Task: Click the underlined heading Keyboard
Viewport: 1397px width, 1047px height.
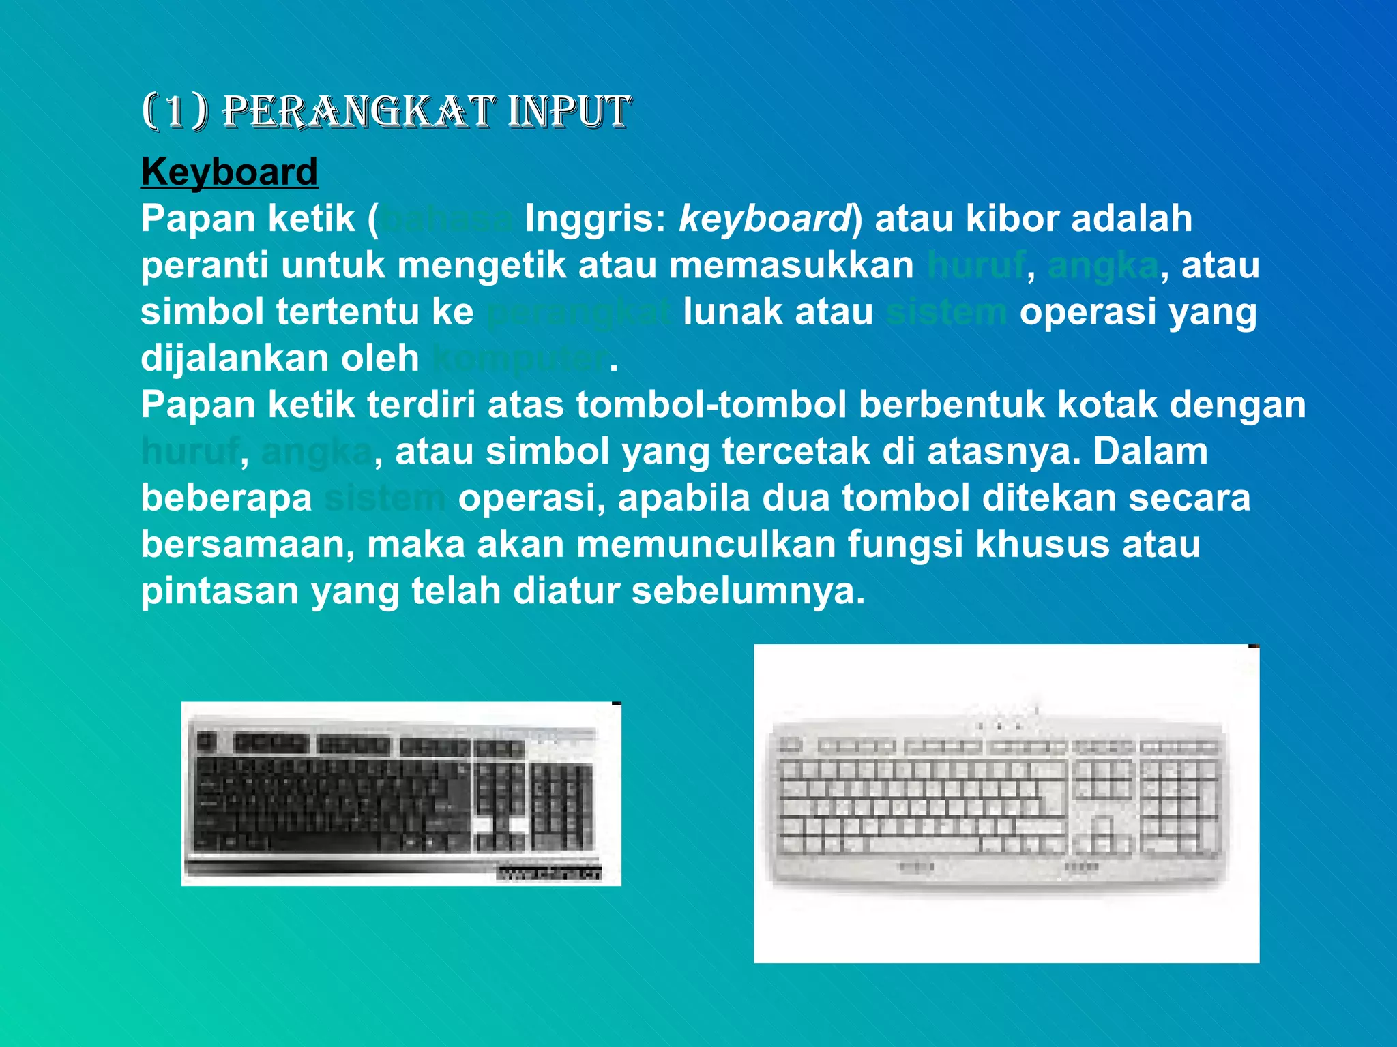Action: click(229, 172)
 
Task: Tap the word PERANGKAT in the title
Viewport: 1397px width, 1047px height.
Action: click(359, 112)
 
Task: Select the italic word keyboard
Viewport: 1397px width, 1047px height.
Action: click(765, 219)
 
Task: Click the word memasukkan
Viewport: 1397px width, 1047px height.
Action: click(791, 265)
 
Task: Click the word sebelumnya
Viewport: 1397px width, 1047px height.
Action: click(748, 591)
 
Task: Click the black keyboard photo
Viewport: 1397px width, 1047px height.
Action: click(401, 794)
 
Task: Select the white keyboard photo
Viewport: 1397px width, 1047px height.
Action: click(1006, 804)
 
